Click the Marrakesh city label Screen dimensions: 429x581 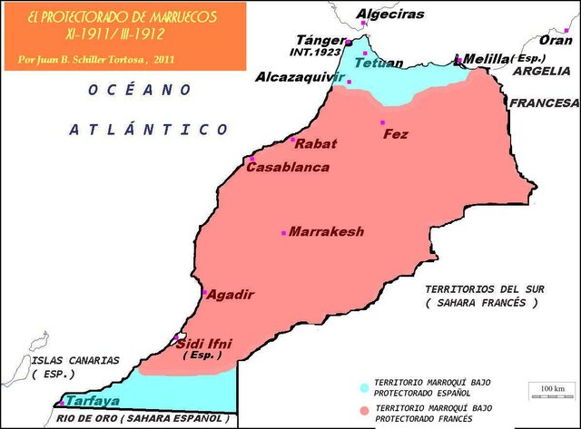327,232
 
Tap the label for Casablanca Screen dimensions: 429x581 288,168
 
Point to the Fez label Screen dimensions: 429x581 396,134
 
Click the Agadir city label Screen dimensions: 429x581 230,295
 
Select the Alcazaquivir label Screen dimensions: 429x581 300,77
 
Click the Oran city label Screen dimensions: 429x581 556,40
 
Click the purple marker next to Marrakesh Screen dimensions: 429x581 284,233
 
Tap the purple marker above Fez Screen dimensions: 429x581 382,122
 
